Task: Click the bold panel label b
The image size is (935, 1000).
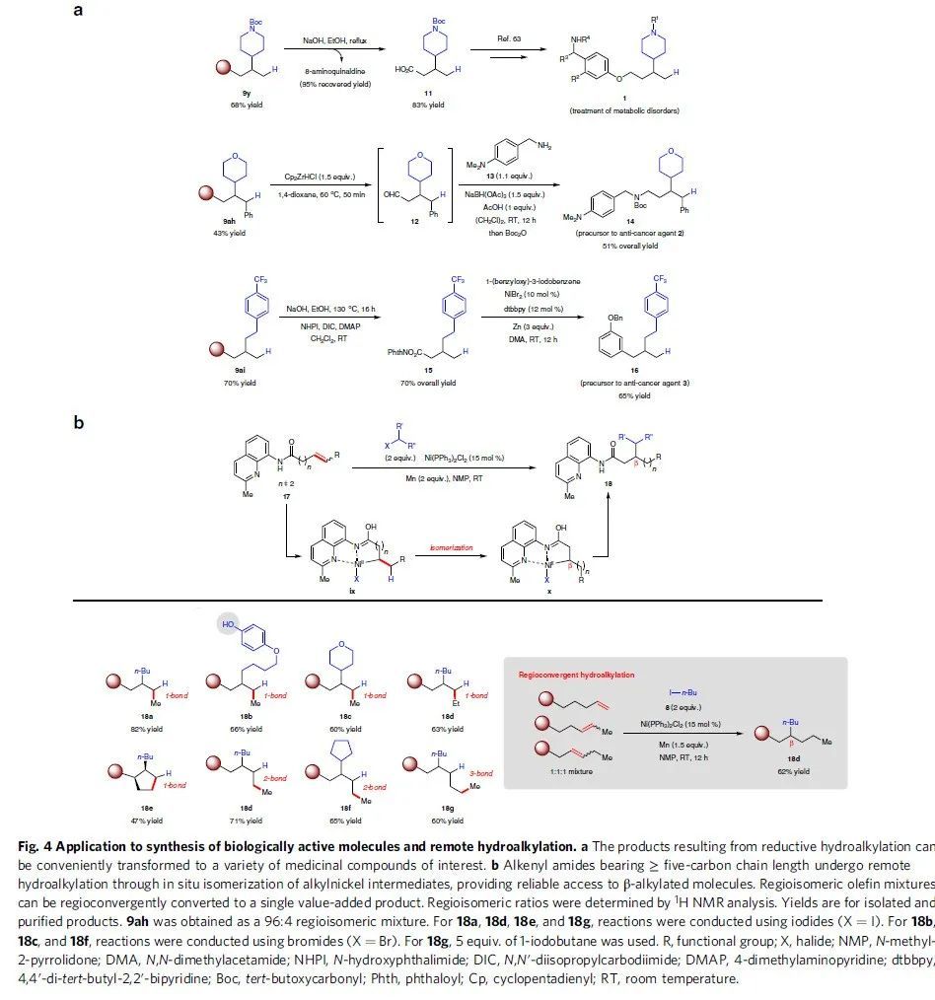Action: point(80,423)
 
